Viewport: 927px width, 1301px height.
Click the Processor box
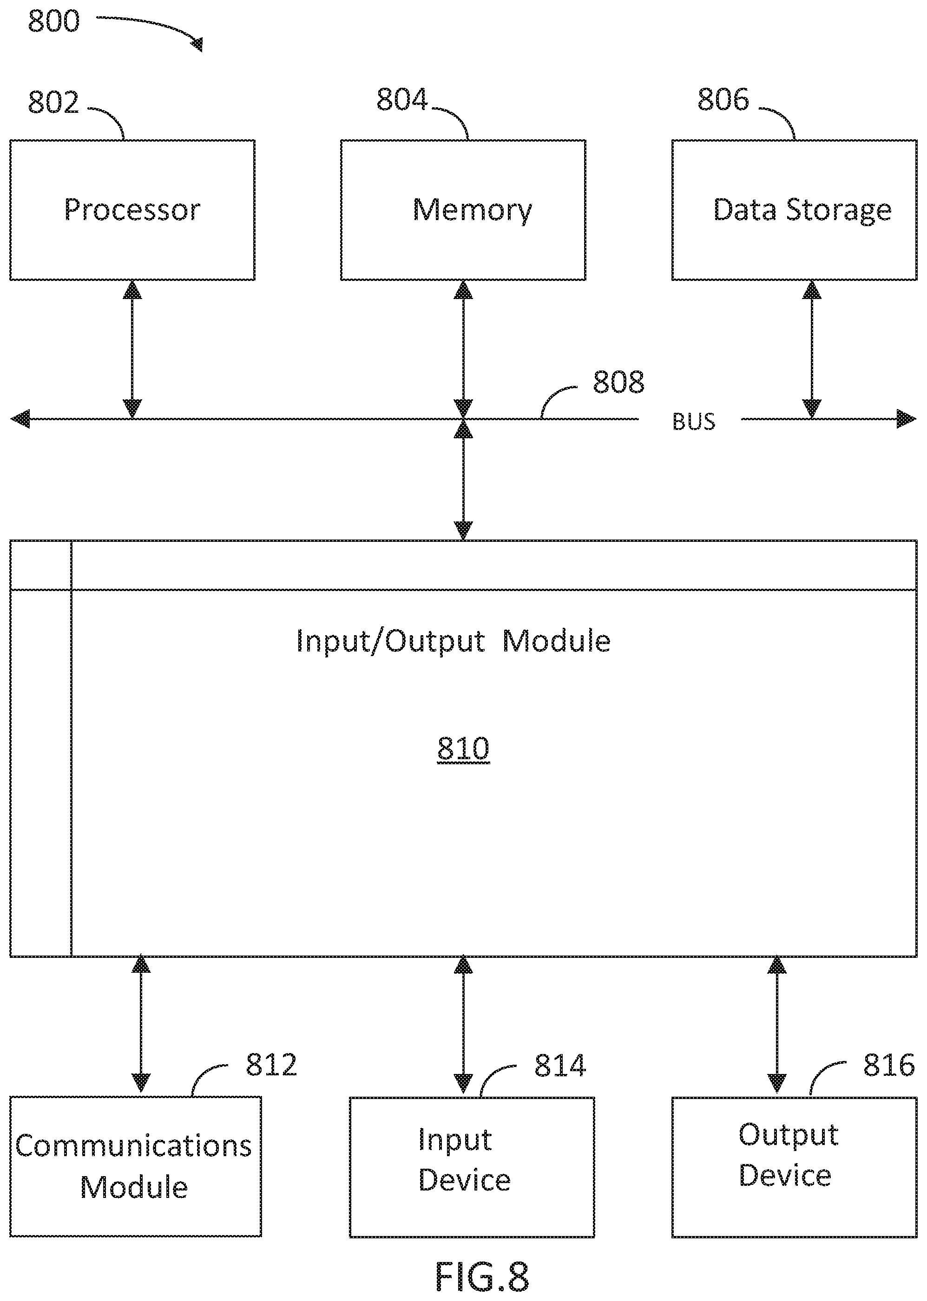click(x=132, y=210)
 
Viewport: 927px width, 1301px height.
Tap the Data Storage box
click(x=794, y=210)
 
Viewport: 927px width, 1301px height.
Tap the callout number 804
click(x=402, y=100)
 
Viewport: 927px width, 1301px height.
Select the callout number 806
click(x=723, y=100)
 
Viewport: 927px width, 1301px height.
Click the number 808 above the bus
click(x=619, y=382)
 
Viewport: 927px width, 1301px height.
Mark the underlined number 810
click(x=464, y=749)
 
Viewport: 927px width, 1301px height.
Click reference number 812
click(x=272, y=1065)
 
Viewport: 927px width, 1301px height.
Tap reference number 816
click(x=889, y=1065)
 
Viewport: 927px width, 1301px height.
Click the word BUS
click(x=694, y=422)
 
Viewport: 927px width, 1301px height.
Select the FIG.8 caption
click(x=482, y=1276)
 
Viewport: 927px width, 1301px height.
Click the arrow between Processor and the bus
click(x=132, y=350)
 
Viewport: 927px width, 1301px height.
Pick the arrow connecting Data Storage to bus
click(x=812, y=350)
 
